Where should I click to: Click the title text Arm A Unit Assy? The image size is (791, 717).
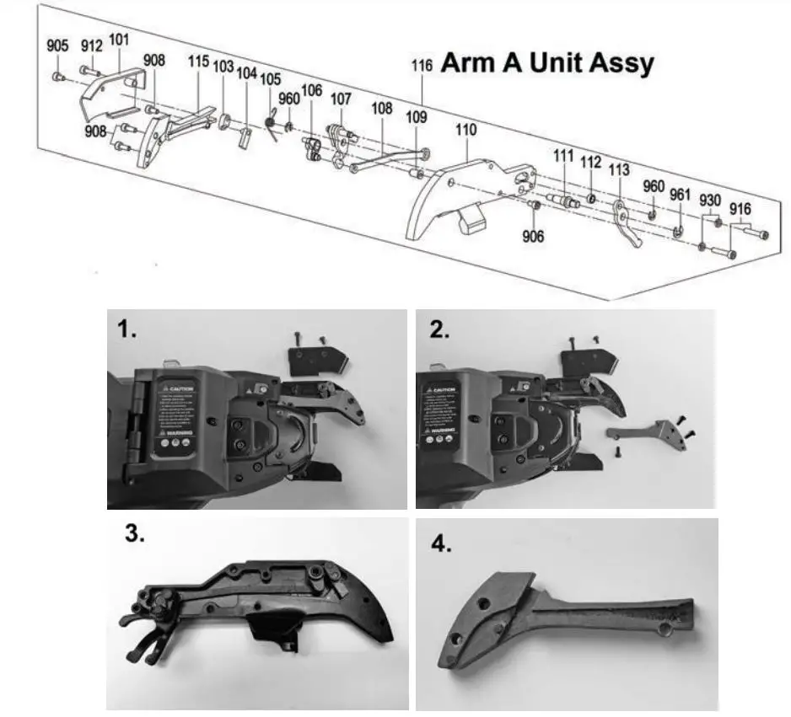click(547, 63)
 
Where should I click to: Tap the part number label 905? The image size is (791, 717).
click(57, 46)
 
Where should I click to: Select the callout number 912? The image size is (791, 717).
click(92, 45)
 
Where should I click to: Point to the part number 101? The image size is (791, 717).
click(119, 39)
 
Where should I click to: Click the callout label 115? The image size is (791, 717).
click(197, 62)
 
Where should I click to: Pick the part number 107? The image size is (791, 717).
click(341, 99)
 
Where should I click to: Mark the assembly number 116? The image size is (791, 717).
click(422, 65)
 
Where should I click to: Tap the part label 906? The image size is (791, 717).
click(533, 236)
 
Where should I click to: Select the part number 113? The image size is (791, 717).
click(618, 169)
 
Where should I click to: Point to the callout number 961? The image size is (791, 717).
click(680, 195)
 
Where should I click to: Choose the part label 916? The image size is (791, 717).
click(740, 208)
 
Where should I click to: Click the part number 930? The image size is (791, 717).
click(710, 200)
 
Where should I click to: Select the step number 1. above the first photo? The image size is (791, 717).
click(127, 329)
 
